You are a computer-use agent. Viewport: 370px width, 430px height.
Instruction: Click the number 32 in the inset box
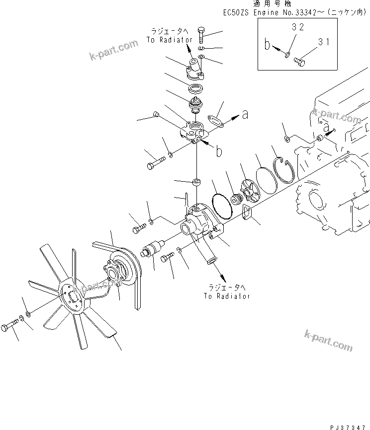click(x=297, y=28)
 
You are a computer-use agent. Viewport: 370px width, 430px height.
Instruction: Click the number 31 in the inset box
click(x=324, y=43)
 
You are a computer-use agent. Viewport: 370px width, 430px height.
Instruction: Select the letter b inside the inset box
click(x=268, y=46)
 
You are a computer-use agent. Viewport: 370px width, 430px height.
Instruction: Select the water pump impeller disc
click(x=249, y=189)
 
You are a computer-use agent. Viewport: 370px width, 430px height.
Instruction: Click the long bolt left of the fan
click(x=10, y=326)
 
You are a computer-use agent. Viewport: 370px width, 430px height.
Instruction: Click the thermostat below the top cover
click(x=195, y=106)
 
